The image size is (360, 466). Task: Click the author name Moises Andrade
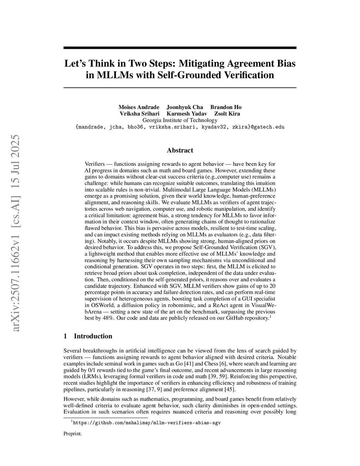(x=139, y=107)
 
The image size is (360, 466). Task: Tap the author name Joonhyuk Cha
(x=185, y=107)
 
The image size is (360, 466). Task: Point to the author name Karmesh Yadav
(x=187, y=114)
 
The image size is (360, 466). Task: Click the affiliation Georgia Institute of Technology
(x=180, y=120)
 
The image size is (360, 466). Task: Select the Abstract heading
(x=180, y=150)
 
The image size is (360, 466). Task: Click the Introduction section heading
(x=93, y=336)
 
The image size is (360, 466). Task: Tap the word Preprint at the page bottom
(x=72, y=434)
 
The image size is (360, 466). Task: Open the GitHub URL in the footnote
(x=147, y=423)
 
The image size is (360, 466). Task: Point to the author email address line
(x=180, y=127)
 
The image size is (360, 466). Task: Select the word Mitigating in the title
(x=201, y=63)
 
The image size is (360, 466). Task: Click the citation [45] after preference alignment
(x=230, y=389)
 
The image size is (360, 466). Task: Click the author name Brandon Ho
(x=226, y=107)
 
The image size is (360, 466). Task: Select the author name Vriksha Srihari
(x=140, y=114)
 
